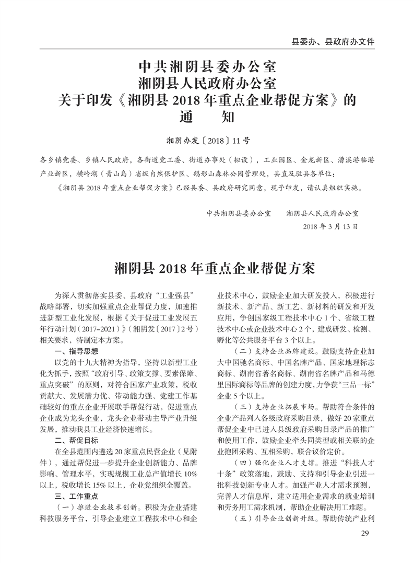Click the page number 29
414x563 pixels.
(365, 533)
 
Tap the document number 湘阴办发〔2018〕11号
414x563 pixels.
(207, 140)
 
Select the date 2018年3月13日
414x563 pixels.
(330, 227)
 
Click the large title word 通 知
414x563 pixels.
(207, 116)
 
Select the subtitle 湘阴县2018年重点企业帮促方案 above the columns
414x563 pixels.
(207, 269)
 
